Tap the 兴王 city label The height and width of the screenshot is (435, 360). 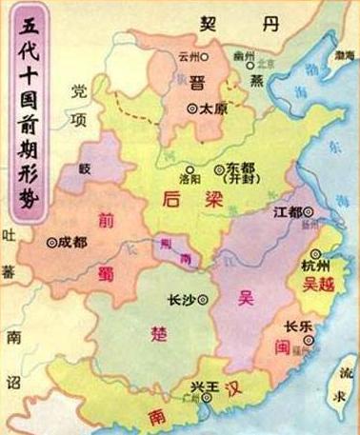coord(197,395)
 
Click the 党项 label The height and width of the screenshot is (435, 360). coord(83,103)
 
